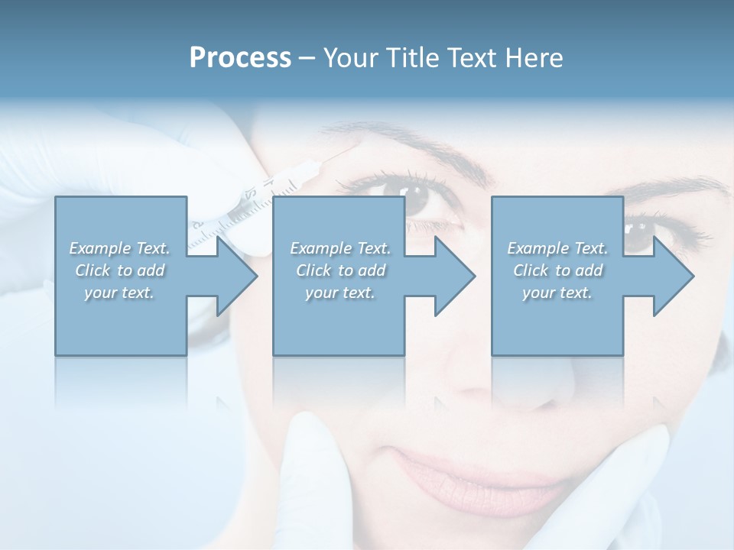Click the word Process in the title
click(x=240, y=58)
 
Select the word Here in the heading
click(x=533, y=58)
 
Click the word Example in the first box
click(x=99, y=248)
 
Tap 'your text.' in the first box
click(x=119, y=293)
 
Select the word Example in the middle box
click(x=320, y=248)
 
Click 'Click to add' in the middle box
click(x=340, y=270)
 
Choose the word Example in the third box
click(x=537, y=248)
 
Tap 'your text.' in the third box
click(x=557, y=293)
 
